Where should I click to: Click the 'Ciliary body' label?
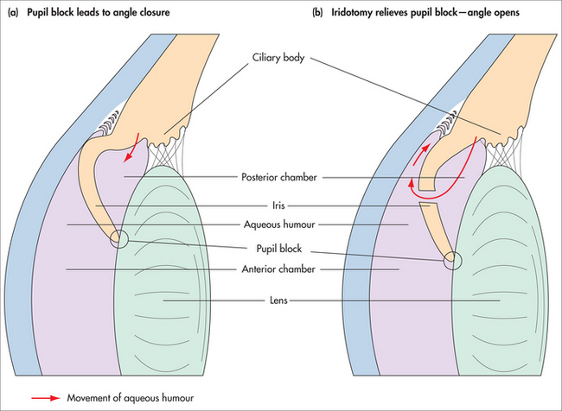click(x=278, y=58)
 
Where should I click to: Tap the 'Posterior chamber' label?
click(x=279, y=177)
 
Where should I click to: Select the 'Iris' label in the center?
click(x=278, y=205)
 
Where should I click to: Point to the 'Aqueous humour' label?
click(x=279, y=224)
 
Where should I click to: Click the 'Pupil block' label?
click(x=279, y=249)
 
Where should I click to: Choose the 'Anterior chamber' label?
click(x=278, y=269)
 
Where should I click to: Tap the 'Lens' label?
click(x=278, y=300)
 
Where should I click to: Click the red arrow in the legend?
click(x=46, y=398)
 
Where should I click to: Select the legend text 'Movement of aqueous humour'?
click(x=131, y=398)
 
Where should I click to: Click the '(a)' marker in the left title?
click(x=13, y=13)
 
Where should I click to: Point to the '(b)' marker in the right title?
click(x=317, y=13)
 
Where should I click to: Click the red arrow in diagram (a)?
click(x=131, y=148)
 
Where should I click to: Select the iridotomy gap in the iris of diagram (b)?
click(x=427, y=197)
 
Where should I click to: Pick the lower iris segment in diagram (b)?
click(x=437, y=231)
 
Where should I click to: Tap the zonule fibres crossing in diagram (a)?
click(x=162, y=155)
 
